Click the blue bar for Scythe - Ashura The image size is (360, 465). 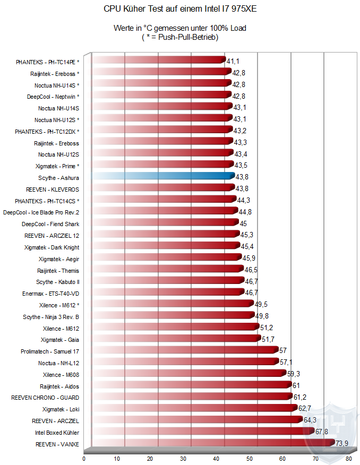click(x=162, y=176)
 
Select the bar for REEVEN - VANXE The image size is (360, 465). click(x=212, y=443)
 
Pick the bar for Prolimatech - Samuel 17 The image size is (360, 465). click(x=184, y=350)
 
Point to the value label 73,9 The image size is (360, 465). click(x=342, y=443)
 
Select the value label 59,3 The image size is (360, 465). click(x=294, y=374)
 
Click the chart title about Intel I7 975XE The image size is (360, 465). click(x=180, y=9)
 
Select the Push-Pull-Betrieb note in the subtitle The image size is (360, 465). click(x=180, y=37)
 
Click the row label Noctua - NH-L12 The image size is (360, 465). click(x=58, y=363)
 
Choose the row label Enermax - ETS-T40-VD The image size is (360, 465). click(x=50, y=293)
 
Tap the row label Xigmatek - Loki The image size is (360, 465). click(x=61, y=409)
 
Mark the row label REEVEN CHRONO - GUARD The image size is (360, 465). click(x=45, y=398)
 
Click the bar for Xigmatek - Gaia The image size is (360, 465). click(x=175, y=338)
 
